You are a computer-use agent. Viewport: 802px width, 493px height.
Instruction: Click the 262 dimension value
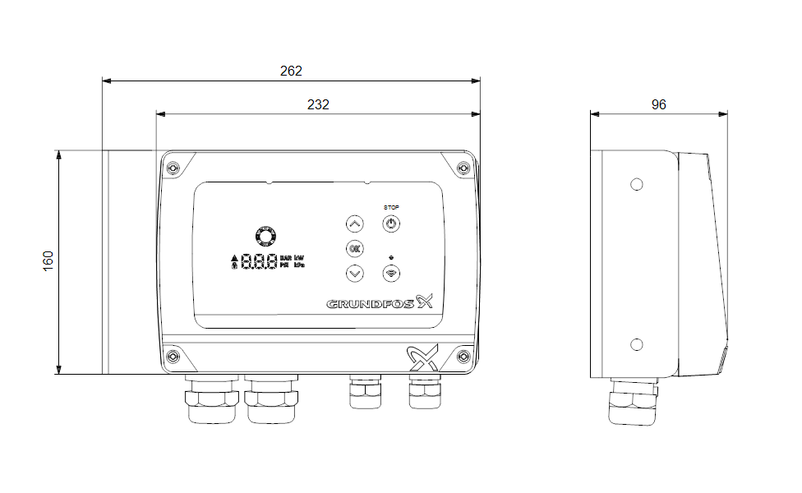pyautogui.click(x=291, y=71)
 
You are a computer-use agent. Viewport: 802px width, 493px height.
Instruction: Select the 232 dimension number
pyautogui.click(x=318, y=104)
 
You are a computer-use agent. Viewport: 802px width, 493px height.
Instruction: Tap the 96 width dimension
pyautogui.click(x=658, y=104)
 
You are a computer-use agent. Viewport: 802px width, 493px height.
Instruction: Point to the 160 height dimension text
pyautogui.click(x=48, y=262)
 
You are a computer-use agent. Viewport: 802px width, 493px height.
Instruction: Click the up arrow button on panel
pyautogui.click(x=354, y=223)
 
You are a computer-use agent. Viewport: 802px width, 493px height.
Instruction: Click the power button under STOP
pyautogui.click(x=391, y=223)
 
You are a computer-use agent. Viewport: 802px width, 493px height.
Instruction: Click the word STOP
pyautogui.click(x=391, y=207)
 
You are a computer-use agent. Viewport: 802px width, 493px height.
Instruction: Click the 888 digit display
pyautogui.click(x=258, y=263)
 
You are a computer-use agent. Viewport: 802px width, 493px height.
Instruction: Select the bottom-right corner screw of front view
pyautogui.click(x=463, y=356)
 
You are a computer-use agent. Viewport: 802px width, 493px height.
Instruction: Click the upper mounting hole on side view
pyautogui.click(x=636, y=184)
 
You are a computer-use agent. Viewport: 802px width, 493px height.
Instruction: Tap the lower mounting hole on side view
pyautogui.click(x=636, y=343)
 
